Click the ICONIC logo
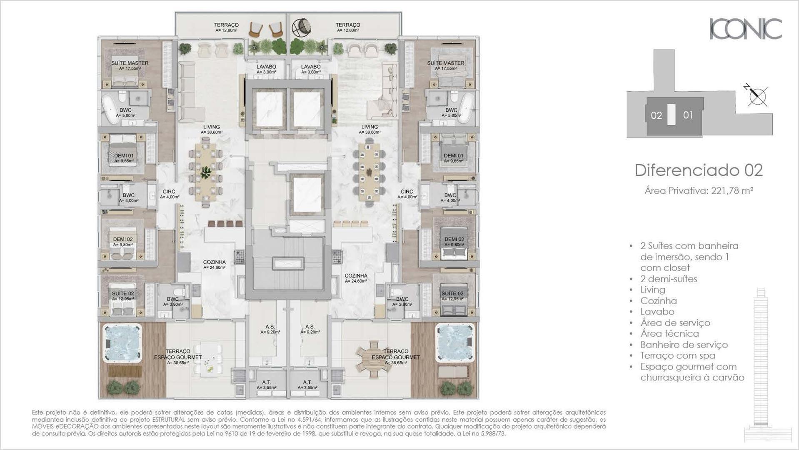point(746,29)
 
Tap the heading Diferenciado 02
point(699,170)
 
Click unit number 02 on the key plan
point(657,115)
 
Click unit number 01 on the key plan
point(688,115)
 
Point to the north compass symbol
point(756,95)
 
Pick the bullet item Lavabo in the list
point(657,312)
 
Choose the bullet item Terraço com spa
point(678,355)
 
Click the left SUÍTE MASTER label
point(130,63)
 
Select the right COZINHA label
point(356,276)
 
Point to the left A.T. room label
point(266,382)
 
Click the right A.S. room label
point(310,327)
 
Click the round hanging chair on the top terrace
point(301,28)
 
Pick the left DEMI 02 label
point(123,240)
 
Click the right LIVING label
point(370,127)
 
